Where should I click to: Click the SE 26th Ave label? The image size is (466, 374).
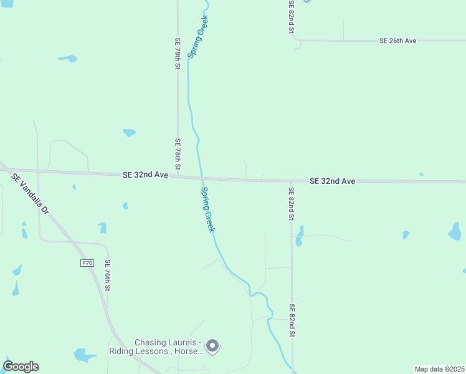[x=397, y=41]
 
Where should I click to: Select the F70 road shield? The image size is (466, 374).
[x=87, y=263]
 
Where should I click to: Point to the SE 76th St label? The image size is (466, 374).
[x=108, y=276]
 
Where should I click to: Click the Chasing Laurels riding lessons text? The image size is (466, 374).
[x=168, y=347]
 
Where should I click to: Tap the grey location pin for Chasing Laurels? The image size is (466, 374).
[x=212, y=345]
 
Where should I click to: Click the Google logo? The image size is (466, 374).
[x=21, y=367]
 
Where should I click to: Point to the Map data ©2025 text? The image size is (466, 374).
[x=439, y=369]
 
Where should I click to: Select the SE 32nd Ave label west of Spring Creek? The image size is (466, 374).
[x=145, y=176]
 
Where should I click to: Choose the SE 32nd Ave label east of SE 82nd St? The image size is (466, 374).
[x=332, y=181]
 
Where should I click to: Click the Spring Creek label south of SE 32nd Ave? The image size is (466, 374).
[x=207, y=209]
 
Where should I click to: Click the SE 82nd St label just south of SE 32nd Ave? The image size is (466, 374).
[x=291, y=203]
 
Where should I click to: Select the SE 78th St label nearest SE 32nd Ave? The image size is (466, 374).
[x=178, y=154]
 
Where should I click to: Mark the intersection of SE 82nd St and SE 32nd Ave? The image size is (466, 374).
[x=291, y=181]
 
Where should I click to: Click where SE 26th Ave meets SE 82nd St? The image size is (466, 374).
[x=295, y=41]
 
